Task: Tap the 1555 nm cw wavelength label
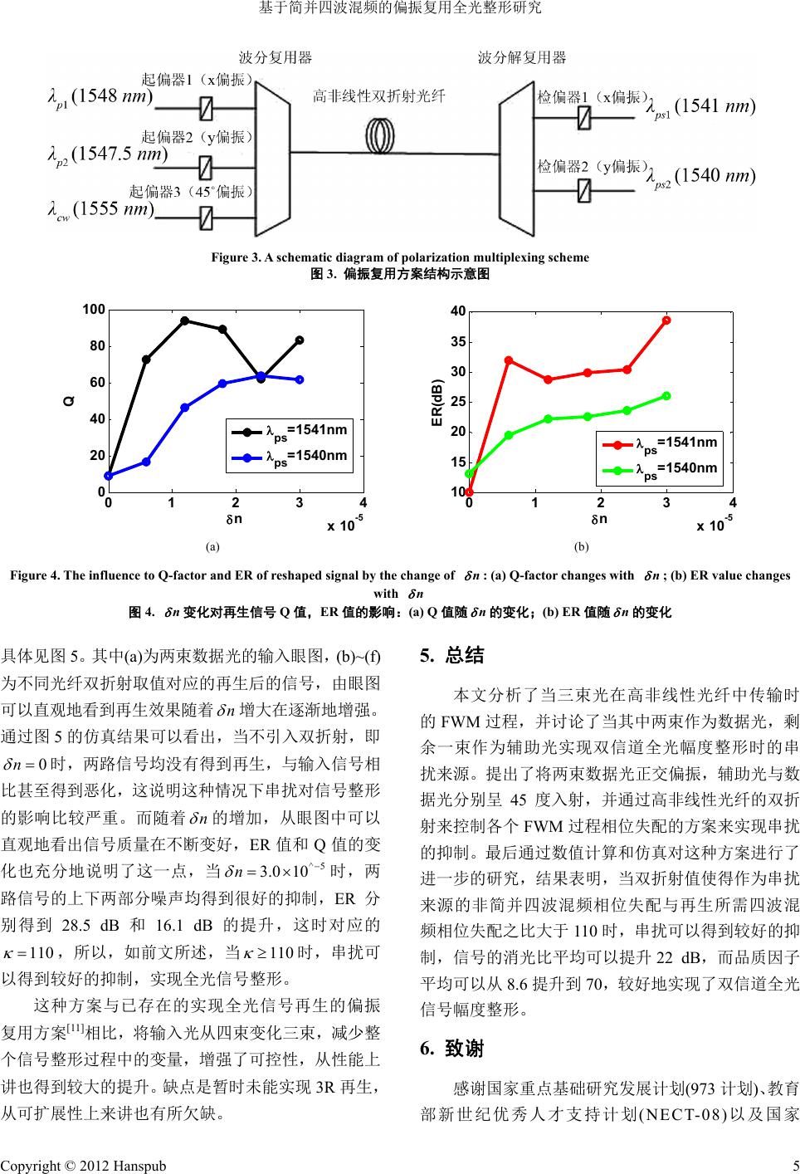coord(100,208)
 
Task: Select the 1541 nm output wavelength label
coord(702,108)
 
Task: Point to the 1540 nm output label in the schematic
coord(702,177)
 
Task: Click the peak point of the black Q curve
coord(184,320)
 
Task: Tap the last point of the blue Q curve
coord(300,379)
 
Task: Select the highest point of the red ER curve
coord(666,320)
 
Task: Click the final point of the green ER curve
coord(666,396)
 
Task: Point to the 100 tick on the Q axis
coord(94,310)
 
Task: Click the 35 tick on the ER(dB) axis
coord(457,341)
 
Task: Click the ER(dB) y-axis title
coord(436,403)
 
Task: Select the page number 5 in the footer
coord(793,1165)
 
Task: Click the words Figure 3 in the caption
coord(236,257)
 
